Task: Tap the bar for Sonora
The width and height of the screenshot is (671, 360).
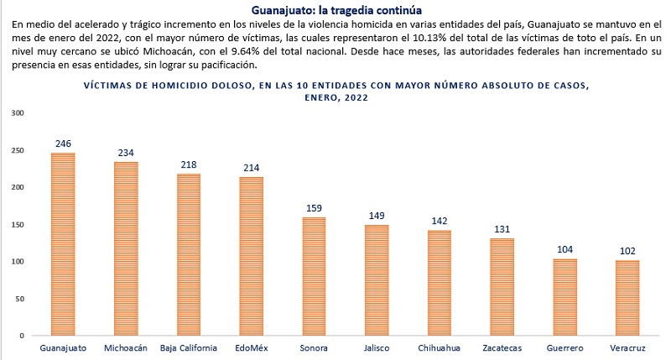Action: tap(314, 276)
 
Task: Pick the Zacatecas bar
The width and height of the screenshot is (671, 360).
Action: tap(502, 286)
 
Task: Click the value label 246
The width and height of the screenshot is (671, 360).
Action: tap(63, 143)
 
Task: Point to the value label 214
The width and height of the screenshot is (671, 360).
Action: tap(252, 168)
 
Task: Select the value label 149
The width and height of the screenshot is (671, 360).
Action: tap(377, 216)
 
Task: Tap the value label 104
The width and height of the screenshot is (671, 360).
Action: tap(565, 249)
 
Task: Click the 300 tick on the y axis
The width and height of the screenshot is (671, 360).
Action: tap(18, 112)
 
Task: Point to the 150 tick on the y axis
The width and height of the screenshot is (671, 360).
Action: tap(18, 224)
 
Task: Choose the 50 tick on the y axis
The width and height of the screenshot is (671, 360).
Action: tap(20, 298)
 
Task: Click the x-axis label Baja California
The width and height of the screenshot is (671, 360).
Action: tap(189, 347)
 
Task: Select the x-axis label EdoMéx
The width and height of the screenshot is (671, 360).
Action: tap(252, 347)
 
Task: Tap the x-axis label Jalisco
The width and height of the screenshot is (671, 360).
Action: tap(377, 347)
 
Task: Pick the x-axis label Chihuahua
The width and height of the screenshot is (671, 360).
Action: tap(440, 347)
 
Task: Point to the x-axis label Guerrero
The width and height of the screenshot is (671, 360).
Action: tap(565, 347)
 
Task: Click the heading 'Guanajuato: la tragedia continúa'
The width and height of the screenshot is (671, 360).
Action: tap(335, 10)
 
